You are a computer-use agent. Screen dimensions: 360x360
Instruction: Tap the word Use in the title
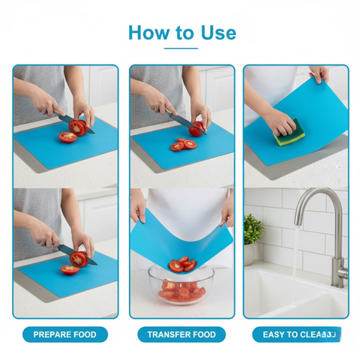[x=217, y=32]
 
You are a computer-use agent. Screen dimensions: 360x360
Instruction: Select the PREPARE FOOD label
[x=64, y=334]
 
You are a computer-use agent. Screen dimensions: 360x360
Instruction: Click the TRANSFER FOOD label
[x=181, y=334]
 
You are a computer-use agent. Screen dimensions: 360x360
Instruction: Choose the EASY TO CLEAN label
[x=295, y=334]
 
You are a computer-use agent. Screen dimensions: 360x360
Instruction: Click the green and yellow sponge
[x=284, y=133]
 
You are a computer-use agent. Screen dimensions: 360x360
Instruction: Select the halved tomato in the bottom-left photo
[x=78, y=259]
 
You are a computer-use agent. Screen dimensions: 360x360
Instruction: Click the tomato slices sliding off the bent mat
[x=182, y=264]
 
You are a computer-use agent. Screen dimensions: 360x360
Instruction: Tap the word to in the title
[x=183, y=33]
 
